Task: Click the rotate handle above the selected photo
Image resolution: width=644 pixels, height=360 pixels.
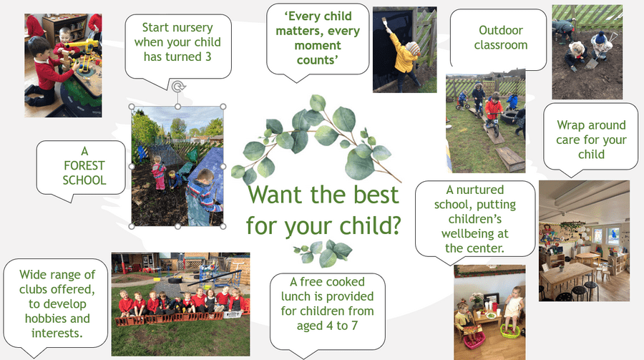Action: pos(178,87)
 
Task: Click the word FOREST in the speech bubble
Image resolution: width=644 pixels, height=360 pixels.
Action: pos(84,165)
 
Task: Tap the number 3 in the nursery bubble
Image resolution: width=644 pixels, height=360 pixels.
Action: pos(208,57)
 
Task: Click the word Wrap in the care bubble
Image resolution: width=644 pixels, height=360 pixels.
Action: pos(570,125)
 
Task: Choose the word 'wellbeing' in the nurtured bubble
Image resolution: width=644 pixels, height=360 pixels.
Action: pos(475,234)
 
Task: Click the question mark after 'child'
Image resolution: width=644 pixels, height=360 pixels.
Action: pos(395,225)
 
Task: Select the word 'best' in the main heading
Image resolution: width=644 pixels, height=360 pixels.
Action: pos(376,195)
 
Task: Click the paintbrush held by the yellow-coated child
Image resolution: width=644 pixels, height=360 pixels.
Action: pos(386,24)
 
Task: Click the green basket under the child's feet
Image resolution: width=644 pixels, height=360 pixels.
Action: pos(510,331)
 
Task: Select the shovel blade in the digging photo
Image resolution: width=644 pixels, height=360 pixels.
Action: pos(591,63)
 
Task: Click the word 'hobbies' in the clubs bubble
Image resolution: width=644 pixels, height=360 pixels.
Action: pos(57,318)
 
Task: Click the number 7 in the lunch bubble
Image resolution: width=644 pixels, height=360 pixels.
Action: pos(354,326)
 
